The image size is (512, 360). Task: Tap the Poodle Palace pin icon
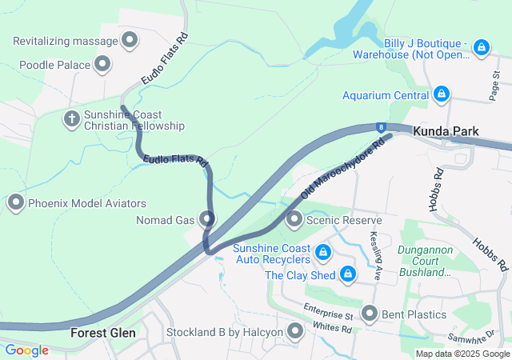pos(103,64)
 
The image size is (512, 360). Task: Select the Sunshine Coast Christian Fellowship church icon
pos(72,120)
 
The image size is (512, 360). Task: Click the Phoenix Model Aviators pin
pos(16,203)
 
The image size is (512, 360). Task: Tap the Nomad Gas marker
pos(208,218)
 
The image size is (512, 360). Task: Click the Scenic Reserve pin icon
pos(294,219)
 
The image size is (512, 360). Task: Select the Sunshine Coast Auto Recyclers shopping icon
pos(322,254)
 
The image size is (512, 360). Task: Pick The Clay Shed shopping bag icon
pos(347,275)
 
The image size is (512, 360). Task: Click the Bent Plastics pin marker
pos(369,314)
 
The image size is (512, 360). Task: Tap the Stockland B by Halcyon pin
pos(296,331)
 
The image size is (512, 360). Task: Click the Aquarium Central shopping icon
pos(440,95)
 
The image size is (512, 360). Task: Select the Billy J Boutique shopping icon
pos(481,48)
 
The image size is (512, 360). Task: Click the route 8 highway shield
pos(382,126)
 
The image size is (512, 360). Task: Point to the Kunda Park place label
pos(446,130)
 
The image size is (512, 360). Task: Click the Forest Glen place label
pos(102,332)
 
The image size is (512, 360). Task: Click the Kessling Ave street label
pos(374,250)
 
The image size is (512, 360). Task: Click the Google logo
pos(26,350)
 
